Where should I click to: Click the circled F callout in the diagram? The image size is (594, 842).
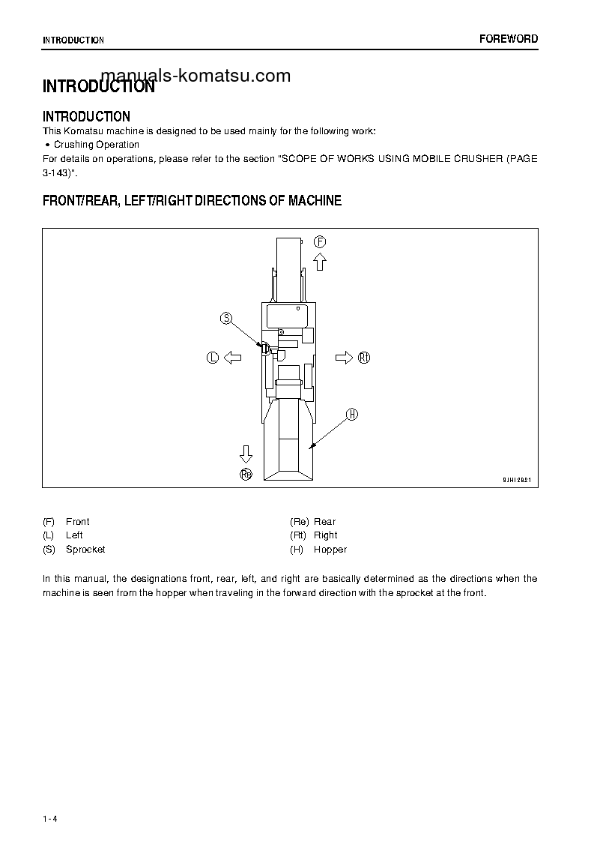coord(320,241)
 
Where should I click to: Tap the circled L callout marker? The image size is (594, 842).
coord(212,358)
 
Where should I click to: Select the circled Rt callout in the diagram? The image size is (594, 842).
coord(364,358)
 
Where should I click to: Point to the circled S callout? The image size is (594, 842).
coord(226,319)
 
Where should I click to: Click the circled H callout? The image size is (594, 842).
coord(352,415)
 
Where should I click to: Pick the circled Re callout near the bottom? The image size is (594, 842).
coord(246,473)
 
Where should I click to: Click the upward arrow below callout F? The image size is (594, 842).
coord(320,261)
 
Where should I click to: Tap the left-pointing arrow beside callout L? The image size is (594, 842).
coord(232,358)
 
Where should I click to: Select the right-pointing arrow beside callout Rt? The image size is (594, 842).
coord(344,358)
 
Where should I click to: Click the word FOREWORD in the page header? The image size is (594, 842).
coord(509,39)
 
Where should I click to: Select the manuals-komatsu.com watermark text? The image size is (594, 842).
coord(195,76)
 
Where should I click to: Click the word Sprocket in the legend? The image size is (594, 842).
coord(85,550)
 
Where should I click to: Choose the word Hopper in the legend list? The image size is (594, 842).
coord(330,550)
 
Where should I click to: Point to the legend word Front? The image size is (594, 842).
coord(77,522)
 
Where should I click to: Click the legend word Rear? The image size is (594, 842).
coord(324,522)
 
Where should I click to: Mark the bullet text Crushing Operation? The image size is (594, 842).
coord(97,145)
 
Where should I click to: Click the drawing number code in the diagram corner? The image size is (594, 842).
coord(516,479)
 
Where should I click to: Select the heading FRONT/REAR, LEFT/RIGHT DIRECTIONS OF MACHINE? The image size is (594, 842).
coord(192,201)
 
